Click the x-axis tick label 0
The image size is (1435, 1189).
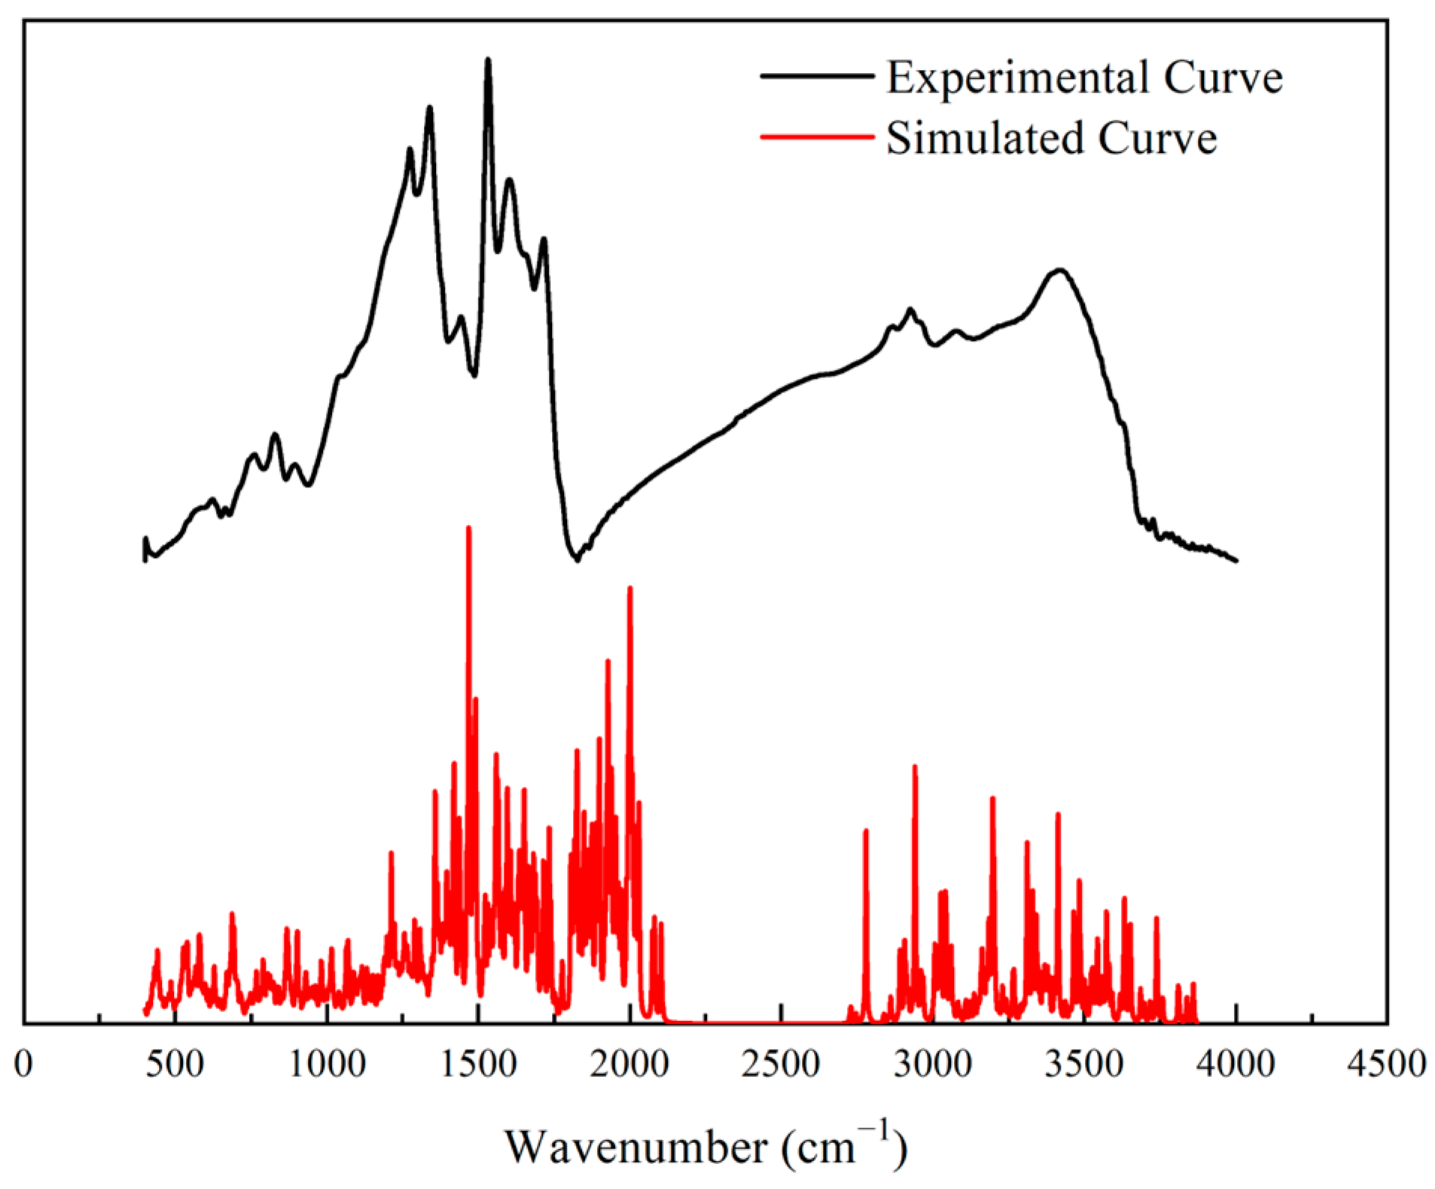coord(23,1064)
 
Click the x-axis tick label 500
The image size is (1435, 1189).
coord(175,1064)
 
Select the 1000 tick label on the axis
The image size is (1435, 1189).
coord(327,1064)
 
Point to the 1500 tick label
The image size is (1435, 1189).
coord(478,1064)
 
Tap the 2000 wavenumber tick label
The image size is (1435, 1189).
coord(629,1064)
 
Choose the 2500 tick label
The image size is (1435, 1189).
coord(781,1064)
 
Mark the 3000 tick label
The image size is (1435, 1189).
coord(933,1064)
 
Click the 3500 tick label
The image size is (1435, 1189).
coord(1084,1064)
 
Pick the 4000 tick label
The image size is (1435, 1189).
coord(1235,1064)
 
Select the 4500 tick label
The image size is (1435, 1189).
coord(1387,1064)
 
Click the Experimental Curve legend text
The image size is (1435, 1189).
coord(1084,78)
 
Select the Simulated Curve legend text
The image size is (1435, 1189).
coord(1051,139)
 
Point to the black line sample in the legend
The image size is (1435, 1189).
coord(816,76)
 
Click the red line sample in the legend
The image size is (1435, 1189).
coord(816,137)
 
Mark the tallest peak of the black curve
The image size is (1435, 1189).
coord(488,60)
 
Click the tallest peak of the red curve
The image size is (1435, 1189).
coord(469,529)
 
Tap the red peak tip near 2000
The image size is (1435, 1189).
coord(630,589)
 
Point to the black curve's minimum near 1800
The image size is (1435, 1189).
coord(577,559)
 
